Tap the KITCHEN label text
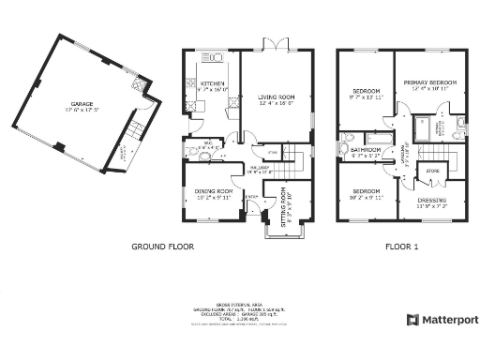tap(214, 82)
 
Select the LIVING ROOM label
tap(277, 97)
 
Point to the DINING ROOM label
tap(214, 191)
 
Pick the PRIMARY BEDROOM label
tap(429, 82)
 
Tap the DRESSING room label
tap(432, 200)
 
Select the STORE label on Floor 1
tap(432, 172)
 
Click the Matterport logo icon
tap(412, 320)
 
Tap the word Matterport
tap(449, 320)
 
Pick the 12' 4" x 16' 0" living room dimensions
tap(277, 103)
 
